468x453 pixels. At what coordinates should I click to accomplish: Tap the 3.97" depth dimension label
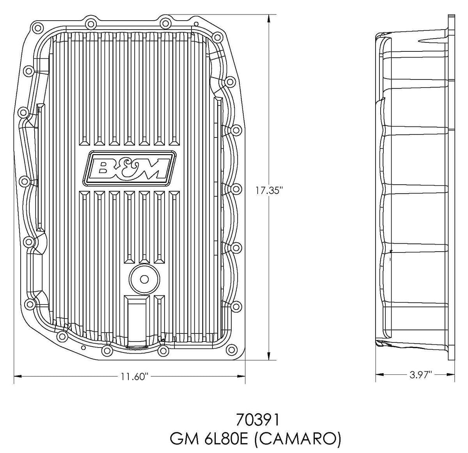click(x=421, y=375)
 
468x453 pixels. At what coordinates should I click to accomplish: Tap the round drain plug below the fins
click(x=144, y=279)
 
